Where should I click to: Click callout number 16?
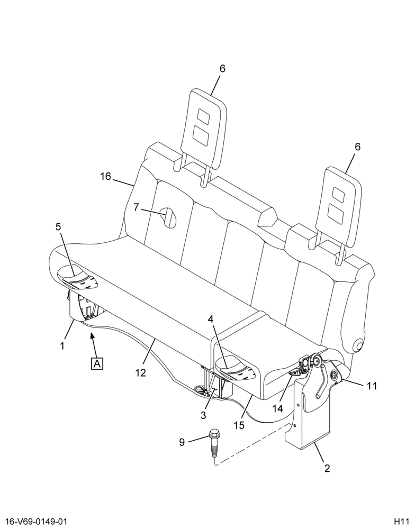tap(106, 176)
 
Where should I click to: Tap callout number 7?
tap(136, 207)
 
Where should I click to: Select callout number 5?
tap(58, 227)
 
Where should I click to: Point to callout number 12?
tap(140, 372)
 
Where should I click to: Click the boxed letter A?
tap(97, 364)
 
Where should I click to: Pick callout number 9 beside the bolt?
tap(182, 442)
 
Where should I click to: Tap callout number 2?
tap(327, 468)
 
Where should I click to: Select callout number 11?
tap(372, 386)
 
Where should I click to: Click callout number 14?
tap(277, 408)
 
